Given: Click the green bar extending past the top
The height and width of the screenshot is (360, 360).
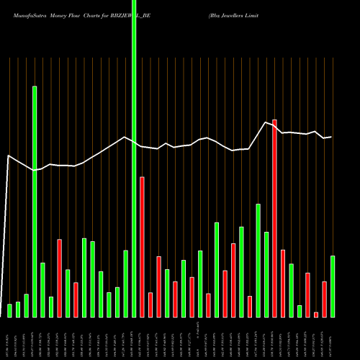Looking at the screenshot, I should coord(134,158).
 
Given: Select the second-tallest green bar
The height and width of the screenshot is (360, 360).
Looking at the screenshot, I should coord(35,202).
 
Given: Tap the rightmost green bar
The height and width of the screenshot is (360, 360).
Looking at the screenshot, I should coord(333,287).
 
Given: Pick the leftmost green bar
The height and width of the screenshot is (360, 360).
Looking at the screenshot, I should coord(10,310).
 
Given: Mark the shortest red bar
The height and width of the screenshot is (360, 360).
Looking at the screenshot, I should coord(316,314).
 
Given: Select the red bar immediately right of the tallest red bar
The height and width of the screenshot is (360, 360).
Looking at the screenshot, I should coord(283,283).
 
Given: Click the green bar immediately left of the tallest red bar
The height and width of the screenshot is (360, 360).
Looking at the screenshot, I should coord(266,274).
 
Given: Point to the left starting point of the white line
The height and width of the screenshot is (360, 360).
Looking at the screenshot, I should coord(8,156).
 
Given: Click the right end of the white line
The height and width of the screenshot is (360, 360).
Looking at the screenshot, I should coord(331,137).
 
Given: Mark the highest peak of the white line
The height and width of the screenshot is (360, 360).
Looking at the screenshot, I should coord(266,122).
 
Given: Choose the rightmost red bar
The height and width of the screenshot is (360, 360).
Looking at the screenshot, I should coord(324,299).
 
